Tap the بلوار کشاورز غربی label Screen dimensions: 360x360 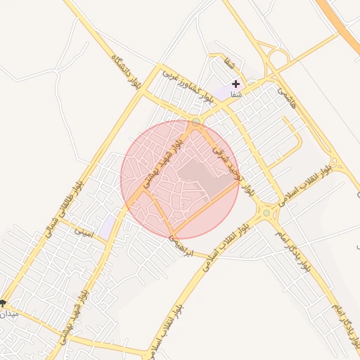(x=186, y=84)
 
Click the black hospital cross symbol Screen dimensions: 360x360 (x=236, y=84)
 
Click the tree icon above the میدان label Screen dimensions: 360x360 (x=3, y=304)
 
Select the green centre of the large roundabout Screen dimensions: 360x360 (x=266, y=212)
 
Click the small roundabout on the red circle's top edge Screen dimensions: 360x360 (x=195, y=122)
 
